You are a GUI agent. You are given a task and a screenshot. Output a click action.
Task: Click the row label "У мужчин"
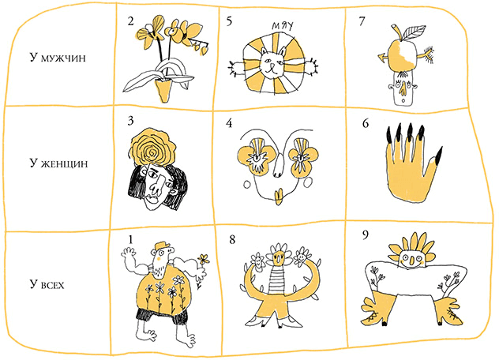[58, 58]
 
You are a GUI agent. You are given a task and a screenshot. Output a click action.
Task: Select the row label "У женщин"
[58, 163]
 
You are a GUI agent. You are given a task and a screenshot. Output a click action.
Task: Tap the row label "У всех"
[47, 284]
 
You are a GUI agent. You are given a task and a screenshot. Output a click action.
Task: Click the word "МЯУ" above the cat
[282, 25]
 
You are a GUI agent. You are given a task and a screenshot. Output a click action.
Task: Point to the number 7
[362, 21]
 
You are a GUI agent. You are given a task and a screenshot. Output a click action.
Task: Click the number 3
[130, 121]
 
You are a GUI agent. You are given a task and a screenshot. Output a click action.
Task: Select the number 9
[366, 235]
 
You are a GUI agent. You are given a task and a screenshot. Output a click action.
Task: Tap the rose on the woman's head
[152, 147]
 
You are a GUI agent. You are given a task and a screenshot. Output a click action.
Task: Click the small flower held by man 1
[203, 259]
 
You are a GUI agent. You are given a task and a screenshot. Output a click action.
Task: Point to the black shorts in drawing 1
[162, 316]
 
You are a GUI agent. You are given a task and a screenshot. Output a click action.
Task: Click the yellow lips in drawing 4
[278, 197]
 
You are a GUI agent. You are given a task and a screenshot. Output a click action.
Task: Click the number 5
[229, 21]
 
